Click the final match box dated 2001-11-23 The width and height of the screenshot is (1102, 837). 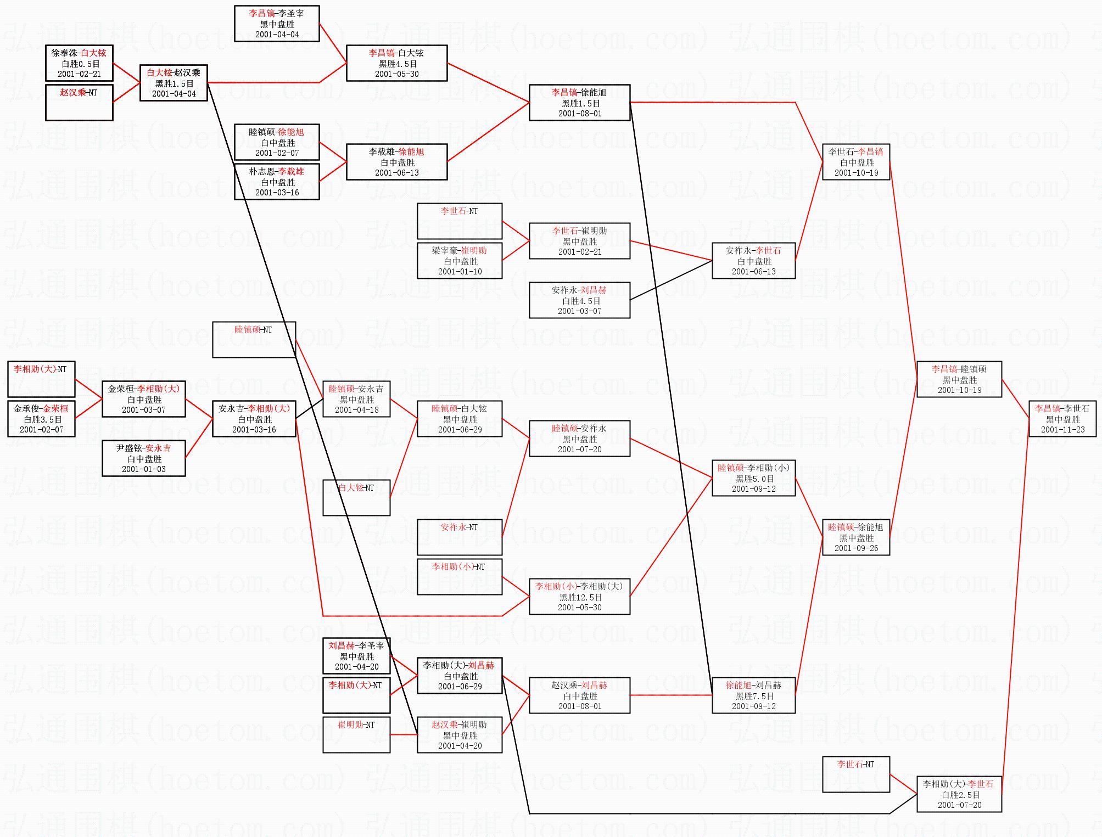click(1062, 419)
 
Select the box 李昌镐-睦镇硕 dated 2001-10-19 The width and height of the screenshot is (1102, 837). click(959, 379)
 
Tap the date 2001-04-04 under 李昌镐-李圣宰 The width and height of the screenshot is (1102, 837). click(277, 35)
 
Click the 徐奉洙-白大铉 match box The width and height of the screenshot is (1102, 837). click(79, 63)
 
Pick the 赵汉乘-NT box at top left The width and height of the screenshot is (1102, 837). click(79, 102)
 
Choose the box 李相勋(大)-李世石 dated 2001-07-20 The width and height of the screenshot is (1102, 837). click(959, 794)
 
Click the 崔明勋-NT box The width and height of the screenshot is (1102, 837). click(356, 734)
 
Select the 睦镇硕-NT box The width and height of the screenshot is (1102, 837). click(254, 340)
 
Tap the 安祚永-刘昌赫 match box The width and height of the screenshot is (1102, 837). click(579, 300)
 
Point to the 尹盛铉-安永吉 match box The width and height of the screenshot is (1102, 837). click(144, 458)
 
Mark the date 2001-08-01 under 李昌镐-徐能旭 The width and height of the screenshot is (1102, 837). click(580, 114)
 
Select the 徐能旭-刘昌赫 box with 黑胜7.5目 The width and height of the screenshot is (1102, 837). click(753, 695)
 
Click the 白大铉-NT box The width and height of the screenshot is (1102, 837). click(356, 498)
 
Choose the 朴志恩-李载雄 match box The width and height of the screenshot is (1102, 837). click(277, 182)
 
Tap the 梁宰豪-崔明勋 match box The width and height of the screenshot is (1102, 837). click(460, 261)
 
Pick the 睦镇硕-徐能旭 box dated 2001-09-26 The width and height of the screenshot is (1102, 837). click(855, 537)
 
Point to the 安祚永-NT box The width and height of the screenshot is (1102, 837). click(460, 537)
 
